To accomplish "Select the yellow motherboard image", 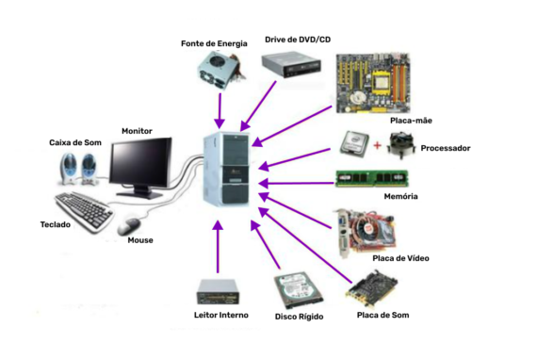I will (373, 83).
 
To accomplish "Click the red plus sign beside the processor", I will (378, 144).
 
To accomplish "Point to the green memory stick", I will (371, 178).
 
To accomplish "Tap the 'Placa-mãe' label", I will (412, 121).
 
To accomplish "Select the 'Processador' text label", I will (445, 148).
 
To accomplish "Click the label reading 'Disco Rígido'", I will (299, 317).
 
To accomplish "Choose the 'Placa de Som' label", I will (382, 315).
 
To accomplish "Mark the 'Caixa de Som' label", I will (75, 142).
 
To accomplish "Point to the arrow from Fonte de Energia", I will (220, 109).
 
